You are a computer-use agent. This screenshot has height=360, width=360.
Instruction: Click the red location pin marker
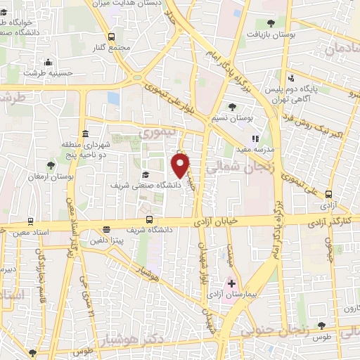tap(181, 165)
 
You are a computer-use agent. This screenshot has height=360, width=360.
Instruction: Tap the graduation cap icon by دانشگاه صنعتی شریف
tap(146, 175)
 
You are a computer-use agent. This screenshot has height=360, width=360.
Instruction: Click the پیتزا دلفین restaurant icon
tap(106, 229)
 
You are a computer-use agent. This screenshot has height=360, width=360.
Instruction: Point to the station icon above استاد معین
tap(32, 221)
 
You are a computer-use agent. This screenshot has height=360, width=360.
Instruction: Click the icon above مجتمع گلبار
tap(111, 37)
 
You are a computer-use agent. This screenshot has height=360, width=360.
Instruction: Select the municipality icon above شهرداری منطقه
tap(85, 134)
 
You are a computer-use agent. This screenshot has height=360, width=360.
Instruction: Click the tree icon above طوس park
tap(322, 326)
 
